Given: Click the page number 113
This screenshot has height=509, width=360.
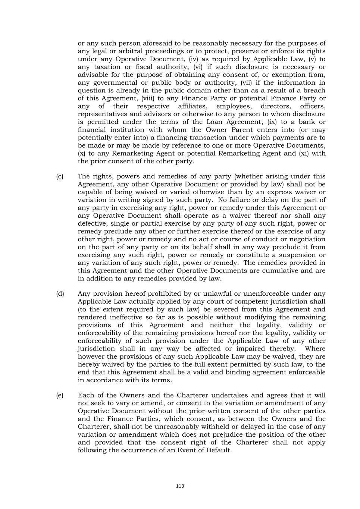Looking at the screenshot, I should pos(180,486).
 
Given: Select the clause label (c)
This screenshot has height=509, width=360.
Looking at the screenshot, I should pos(60,176).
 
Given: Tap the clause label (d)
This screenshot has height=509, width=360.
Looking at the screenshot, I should pos(60,294).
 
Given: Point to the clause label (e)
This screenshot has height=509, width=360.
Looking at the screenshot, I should pos(60,395).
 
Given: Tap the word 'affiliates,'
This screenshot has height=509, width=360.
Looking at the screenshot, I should pos(192,106).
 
